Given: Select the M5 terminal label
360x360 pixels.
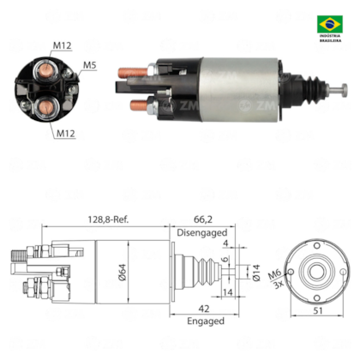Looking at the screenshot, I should (90, 65).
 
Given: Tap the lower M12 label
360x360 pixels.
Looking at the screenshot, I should (66, 133).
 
